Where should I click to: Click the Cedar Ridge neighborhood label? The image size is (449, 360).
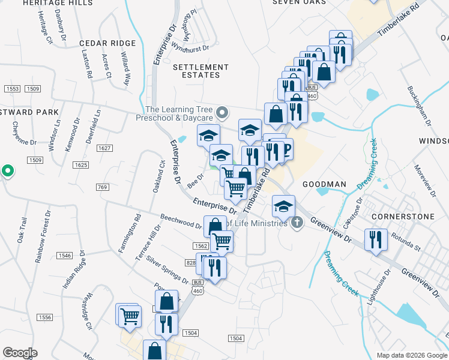107,44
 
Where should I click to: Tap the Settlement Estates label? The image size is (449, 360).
197,71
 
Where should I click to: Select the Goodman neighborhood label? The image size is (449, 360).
324,184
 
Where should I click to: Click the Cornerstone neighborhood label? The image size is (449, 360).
399,215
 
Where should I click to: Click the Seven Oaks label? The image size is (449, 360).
299,2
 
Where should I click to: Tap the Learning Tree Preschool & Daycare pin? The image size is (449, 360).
223,112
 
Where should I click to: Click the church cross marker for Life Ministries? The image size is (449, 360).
296,223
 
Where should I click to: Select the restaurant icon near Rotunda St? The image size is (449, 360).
376,239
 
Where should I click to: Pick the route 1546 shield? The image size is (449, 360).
64,256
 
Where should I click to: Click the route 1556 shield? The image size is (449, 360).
44,317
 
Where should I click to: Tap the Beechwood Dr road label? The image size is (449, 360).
181,221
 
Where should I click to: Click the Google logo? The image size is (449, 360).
20,353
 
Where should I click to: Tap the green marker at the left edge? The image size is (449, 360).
7,172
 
